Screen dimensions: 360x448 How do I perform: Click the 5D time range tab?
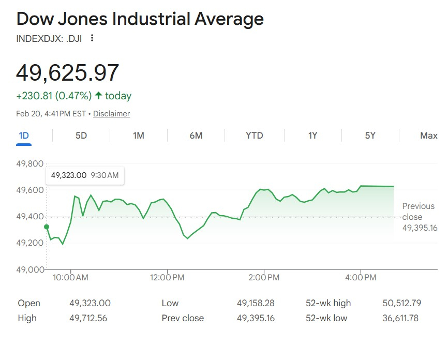click(x=81, y=136)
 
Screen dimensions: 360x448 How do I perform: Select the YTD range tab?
click(x=254, y=136)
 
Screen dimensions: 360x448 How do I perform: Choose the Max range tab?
click(x=428, y=136)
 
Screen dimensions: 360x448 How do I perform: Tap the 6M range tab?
click(x=196, y=136)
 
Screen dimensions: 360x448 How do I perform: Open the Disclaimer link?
click(x=111, y=114)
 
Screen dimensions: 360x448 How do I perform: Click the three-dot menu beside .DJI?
click(x=92, y=38)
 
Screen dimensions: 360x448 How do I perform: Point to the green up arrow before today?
click(x=98, y=96)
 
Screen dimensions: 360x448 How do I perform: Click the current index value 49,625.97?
click(x=68, y=72)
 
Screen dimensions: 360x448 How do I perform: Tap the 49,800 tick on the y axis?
click(x=30, y=164)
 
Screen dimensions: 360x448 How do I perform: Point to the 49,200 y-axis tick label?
click(x=30, y=243)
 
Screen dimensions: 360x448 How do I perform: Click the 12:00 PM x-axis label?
click(x=168, y=278)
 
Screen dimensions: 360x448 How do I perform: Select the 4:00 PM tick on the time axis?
click(x=361, y=278)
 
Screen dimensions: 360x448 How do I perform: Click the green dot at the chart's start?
click(x=47, y=227)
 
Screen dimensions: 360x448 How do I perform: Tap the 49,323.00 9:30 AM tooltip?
click(x=85, y=175)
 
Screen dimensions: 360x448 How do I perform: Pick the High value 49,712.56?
click(x=88, y=318)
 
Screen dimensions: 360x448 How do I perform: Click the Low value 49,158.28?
click(x=256, y=303)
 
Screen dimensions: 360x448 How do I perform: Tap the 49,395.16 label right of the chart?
click(x=420, y=228)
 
